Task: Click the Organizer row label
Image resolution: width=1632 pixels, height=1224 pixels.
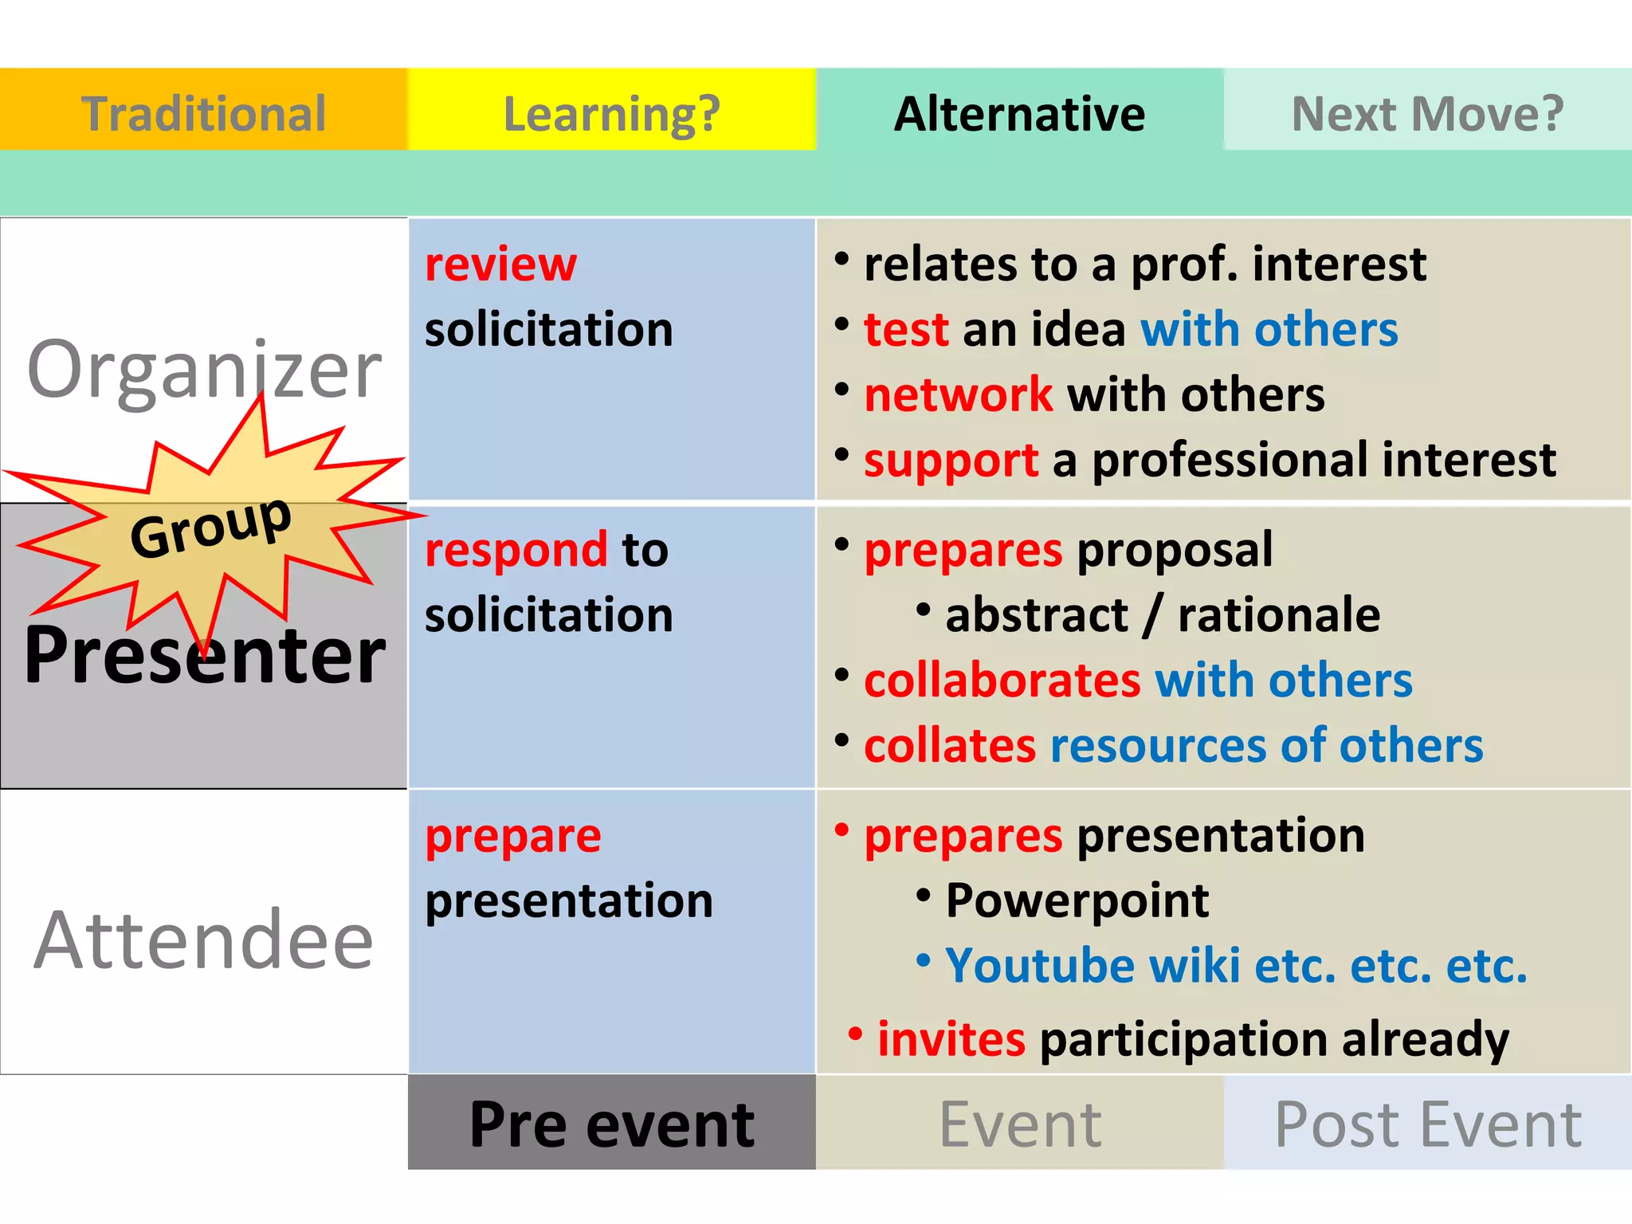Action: pos(204,368)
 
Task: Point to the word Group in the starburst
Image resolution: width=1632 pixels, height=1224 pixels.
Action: pos(210,528)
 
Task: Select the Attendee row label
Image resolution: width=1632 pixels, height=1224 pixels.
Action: pos(204,940)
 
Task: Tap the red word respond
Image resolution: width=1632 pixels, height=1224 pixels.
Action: pos(516,550)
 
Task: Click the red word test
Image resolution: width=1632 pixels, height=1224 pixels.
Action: pos(906,329)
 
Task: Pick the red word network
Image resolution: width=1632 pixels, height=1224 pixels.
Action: pos(958,394)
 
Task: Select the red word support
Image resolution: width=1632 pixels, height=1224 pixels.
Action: pos(951,460)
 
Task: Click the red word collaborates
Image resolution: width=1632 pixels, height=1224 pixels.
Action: pos(1002,681)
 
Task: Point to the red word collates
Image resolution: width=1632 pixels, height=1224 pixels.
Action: pos(950,746)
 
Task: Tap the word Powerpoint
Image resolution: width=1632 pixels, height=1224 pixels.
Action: pos(1077,901)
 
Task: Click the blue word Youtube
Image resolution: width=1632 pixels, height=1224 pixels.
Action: pos(1039,966)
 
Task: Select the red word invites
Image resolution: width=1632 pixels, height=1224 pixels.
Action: pos(951,1039)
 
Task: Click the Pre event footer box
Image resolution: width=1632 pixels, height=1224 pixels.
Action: pos(611,1124)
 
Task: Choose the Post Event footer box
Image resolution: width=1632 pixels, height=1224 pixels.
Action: pos(1427,1124)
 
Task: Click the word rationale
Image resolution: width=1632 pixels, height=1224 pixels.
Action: pos(1278,615)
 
